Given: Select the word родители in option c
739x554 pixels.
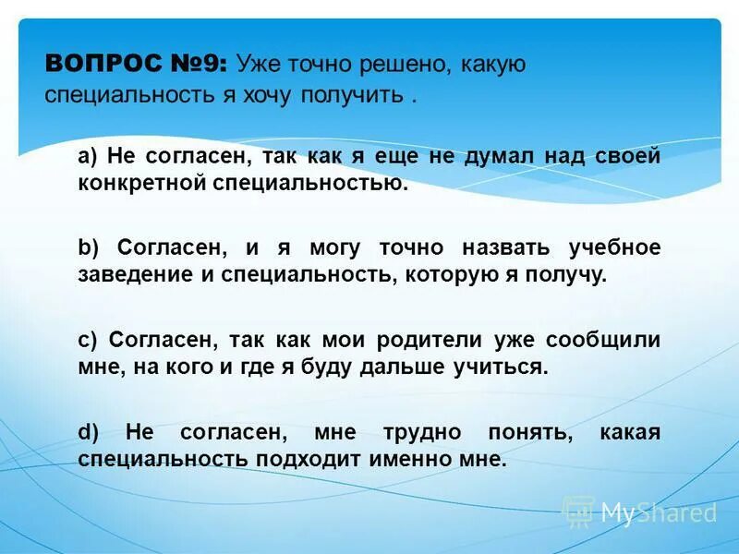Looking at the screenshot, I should click(x=434, y=339).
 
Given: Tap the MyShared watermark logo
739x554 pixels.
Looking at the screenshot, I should click(x=639, y=512).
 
